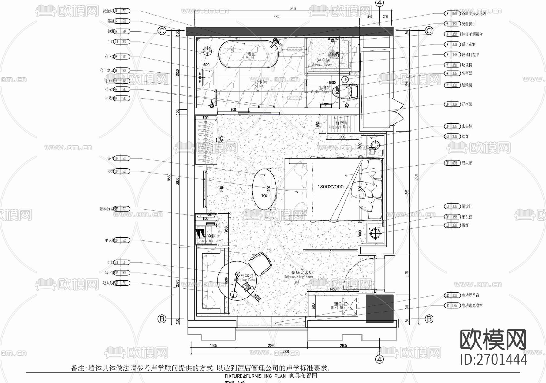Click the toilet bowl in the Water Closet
pyautogui.click(x=346, y=91)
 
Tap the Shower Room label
pyautogui.click(x=322, y=64)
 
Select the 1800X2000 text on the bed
pyautogui.click(x=330, y=187)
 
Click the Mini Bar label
pyautogui.click(x=338, y=308)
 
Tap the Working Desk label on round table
pyautogui.click(x=244, y=280)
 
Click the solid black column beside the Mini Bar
pyautogui.click(x=379, y=308)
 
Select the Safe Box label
pyautogui.click(x=207, y=241)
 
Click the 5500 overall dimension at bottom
pyautogui.click(x=285, y=351)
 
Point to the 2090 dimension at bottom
pyautogui.click(x=271, y=345)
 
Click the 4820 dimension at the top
pyautogui.click(x=277, y=17)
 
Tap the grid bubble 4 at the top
pyautogui.click(x=379, y=3)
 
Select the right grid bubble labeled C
pyautogui.click(x=429, y=31)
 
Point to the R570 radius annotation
pyautogui.click(x=257, y=297)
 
